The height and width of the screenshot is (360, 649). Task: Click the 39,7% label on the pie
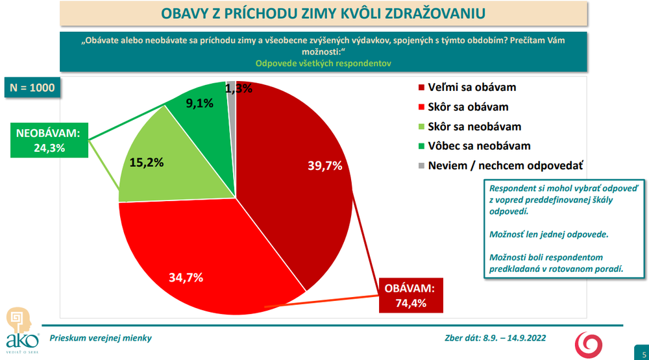(x=324, y=166)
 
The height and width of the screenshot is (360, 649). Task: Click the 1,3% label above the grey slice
(x=239, y=89)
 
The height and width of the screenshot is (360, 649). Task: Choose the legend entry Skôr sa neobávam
(x=476, y=126)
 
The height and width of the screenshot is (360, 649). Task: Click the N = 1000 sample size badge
(x=33, y=88)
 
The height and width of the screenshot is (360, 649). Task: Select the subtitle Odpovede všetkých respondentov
(x=324, y=64)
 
